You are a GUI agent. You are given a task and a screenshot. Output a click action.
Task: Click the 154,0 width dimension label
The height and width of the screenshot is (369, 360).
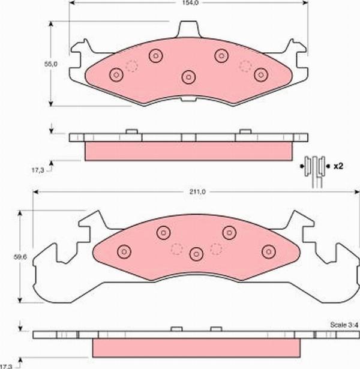[x=190, y=3]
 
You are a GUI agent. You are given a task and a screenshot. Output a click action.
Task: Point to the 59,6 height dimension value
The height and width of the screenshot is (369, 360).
[x=20, y=257]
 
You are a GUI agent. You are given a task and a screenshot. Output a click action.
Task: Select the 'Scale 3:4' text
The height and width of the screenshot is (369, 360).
[x=341, y=325]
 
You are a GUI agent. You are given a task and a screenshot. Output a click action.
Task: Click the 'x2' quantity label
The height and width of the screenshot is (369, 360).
[x=338, y=164]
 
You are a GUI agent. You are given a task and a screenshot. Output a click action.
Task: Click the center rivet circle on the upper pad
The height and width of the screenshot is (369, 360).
[x=189, y=77]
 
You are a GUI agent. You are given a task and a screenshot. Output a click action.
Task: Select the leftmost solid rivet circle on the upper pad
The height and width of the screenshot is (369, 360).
[x=116, y=75]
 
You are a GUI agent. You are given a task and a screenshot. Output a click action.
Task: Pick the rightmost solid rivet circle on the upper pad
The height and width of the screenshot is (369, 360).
[x=260, y=75]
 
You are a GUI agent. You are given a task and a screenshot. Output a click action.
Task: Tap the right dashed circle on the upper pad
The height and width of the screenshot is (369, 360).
[x=245, y=65]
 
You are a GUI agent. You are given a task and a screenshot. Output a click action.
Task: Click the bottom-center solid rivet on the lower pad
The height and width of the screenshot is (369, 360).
[x=196, y=254]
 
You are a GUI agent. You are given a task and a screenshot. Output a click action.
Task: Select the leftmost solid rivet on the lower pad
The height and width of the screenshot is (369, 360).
[x=124, y=251]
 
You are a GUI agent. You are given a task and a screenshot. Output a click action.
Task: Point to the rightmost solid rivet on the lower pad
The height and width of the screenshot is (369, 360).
[x=268, y=251]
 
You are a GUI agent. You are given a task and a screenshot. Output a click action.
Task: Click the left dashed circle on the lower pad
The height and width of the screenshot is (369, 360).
[x=176, y=248]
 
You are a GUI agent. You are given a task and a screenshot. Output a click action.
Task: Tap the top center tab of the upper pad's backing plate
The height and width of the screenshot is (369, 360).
[x=190, y=28]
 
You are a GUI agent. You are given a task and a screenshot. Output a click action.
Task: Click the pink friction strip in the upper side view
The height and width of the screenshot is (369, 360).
[x=189, y=151]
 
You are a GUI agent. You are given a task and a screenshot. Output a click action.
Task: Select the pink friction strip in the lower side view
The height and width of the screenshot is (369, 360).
[x=196, y=347]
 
